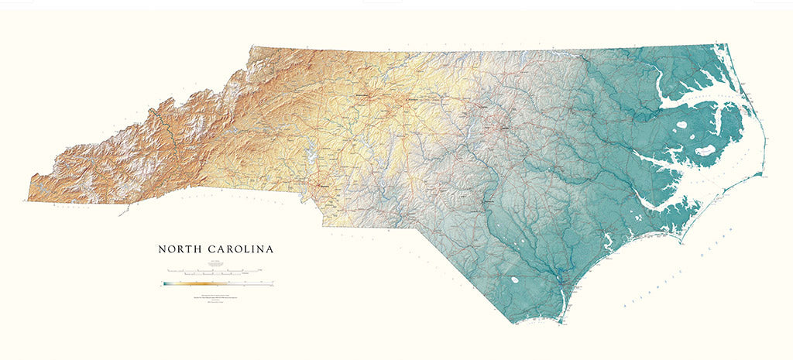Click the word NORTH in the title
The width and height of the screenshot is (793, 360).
(x=180, y=249)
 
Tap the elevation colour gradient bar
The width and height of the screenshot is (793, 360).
(x=213, y=283)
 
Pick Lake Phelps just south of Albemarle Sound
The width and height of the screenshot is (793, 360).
(x=681, y=125)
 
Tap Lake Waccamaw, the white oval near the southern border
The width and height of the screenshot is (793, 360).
(x=513, y=280)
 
